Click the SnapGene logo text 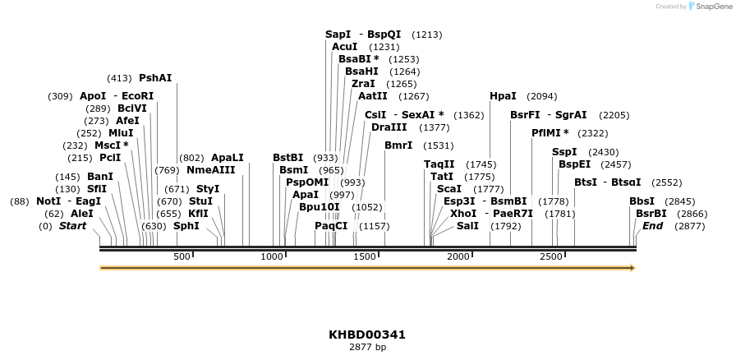click(x=711, y=6)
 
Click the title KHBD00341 click(x=367, y=335)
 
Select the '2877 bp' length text click(x=367, y=347)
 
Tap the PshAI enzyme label click(x=155, y=78)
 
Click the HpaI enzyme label click(x=503, y=96)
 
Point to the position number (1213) click(x=426, y=35)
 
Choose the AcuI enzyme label click(x=344, y=47)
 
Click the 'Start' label click(x=72, y=226)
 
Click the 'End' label click(x=652, y=226)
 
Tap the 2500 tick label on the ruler click(x=551, y=257)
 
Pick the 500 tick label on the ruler click(x=182, y=257)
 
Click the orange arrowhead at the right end click(x=632, y=268)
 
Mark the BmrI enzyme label click(x=398, y=145)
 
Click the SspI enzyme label click(x=564, y=152)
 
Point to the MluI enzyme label click(x=121, y=133)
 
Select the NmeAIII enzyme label click(x=210, y=170)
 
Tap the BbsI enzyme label click(x=642, y=201)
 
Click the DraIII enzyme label click(x=389, y=127)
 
